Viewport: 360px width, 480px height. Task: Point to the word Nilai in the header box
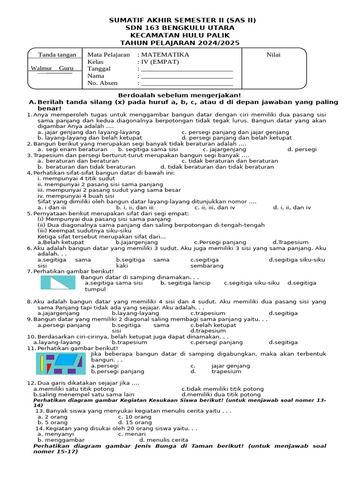tap(273, 55)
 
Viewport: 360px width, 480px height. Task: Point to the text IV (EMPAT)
tap(160, 62)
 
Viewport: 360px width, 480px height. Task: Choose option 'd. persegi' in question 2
tap(302, 150)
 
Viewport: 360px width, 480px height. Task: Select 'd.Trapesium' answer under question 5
tap(290, 242)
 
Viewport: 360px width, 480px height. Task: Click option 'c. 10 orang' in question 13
tap(135, 417)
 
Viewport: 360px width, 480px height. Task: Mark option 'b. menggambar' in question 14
tap(61, 440)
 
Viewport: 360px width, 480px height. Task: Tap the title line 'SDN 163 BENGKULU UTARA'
tap(180, 28)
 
